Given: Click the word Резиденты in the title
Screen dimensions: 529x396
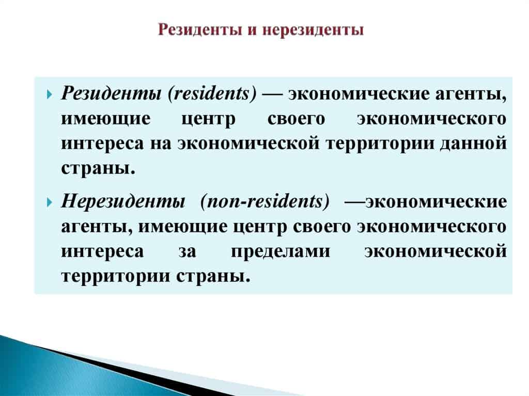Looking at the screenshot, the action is tap(200, 30).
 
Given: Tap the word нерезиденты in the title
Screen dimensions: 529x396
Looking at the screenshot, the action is tap(313, 30).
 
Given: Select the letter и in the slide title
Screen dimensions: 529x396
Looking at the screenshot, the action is tap(252, 30).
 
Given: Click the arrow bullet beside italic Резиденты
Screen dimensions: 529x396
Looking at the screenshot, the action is tap(50, 94).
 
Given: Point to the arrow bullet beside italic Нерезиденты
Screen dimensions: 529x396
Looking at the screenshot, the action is tap(50, 202).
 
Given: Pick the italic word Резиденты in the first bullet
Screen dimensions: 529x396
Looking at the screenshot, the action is tap(111, 93).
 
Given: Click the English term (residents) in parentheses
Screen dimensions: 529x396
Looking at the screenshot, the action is tap(212, 93).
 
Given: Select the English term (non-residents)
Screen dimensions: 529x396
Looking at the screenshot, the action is tap(265, 202).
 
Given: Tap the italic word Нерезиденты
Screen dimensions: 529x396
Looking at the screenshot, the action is tap(123, 201).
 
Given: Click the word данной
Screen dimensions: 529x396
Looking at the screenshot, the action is tap(473, 144).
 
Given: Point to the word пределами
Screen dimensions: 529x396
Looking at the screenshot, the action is tap(281, 251).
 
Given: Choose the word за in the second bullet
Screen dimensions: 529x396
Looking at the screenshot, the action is tap(187, 251).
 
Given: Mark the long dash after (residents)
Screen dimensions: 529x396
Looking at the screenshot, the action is tap(272, 94).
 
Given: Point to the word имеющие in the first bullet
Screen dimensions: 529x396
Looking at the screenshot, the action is tap(106, 119).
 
